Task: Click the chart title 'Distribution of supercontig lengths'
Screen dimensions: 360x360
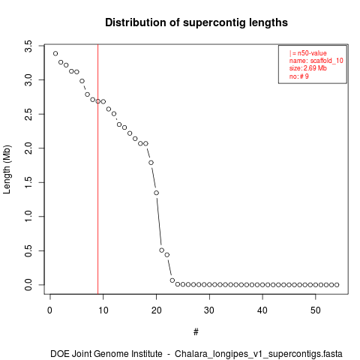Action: pyautogui.click(x=196, y=22)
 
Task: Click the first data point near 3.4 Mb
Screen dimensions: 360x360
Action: pyautogui.click(x=55, y=53)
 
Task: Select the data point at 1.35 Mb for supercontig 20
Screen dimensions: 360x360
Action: pyautogui.click(x=157, y=193)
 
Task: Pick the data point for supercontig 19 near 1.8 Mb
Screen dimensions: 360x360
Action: pyautogui.click(x=151, y=163)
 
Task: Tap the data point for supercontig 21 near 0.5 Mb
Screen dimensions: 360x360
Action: pyautogui.click(x=162, y=250)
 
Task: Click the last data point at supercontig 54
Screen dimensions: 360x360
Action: pyautogui.click(x=337, y=285)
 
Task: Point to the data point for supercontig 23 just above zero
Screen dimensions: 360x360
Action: pyautogui.click(x=172, y=280)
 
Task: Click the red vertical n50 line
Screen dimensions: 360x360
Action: pyautogui.click(x=98, y=169)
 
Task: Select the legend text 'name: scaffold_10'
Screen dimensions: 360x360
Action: pyautogui.click(x=316, y=61)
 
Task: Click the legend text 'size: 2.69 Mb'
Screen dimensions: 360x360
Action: pyautogui.click(x=308, y=68)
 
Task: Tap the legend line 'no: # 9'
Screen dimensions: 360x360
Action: pyautogui.click(x=299, y=76)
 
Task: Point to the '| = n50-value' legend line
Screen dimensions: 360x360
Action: pyautogui.click(x=308, y=53)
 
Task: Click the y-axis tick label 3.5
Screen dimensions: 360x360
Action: pyautogui.click(x=28, y=46)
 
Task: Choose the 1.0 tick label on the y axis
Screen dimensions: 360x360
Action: pyautogui.click(x=28, y=217)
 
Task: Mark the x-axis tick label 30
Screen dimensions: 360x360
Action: pyautogui.click(x=209, y=310)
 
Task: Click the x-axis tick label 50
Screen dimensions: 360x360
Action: pyautogui.click(x=316, y=310)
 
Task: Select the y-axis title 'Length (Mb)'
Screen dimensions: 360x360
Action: pyautogui.click(x=7, y=169)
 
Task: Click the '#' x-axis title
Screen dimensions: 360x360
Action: pyautogui.click(x=196, y=332)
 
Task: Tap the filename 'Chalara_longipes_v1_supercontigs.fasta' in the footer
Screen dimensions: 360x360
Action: pyautogui.click(x=259, y=354)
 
